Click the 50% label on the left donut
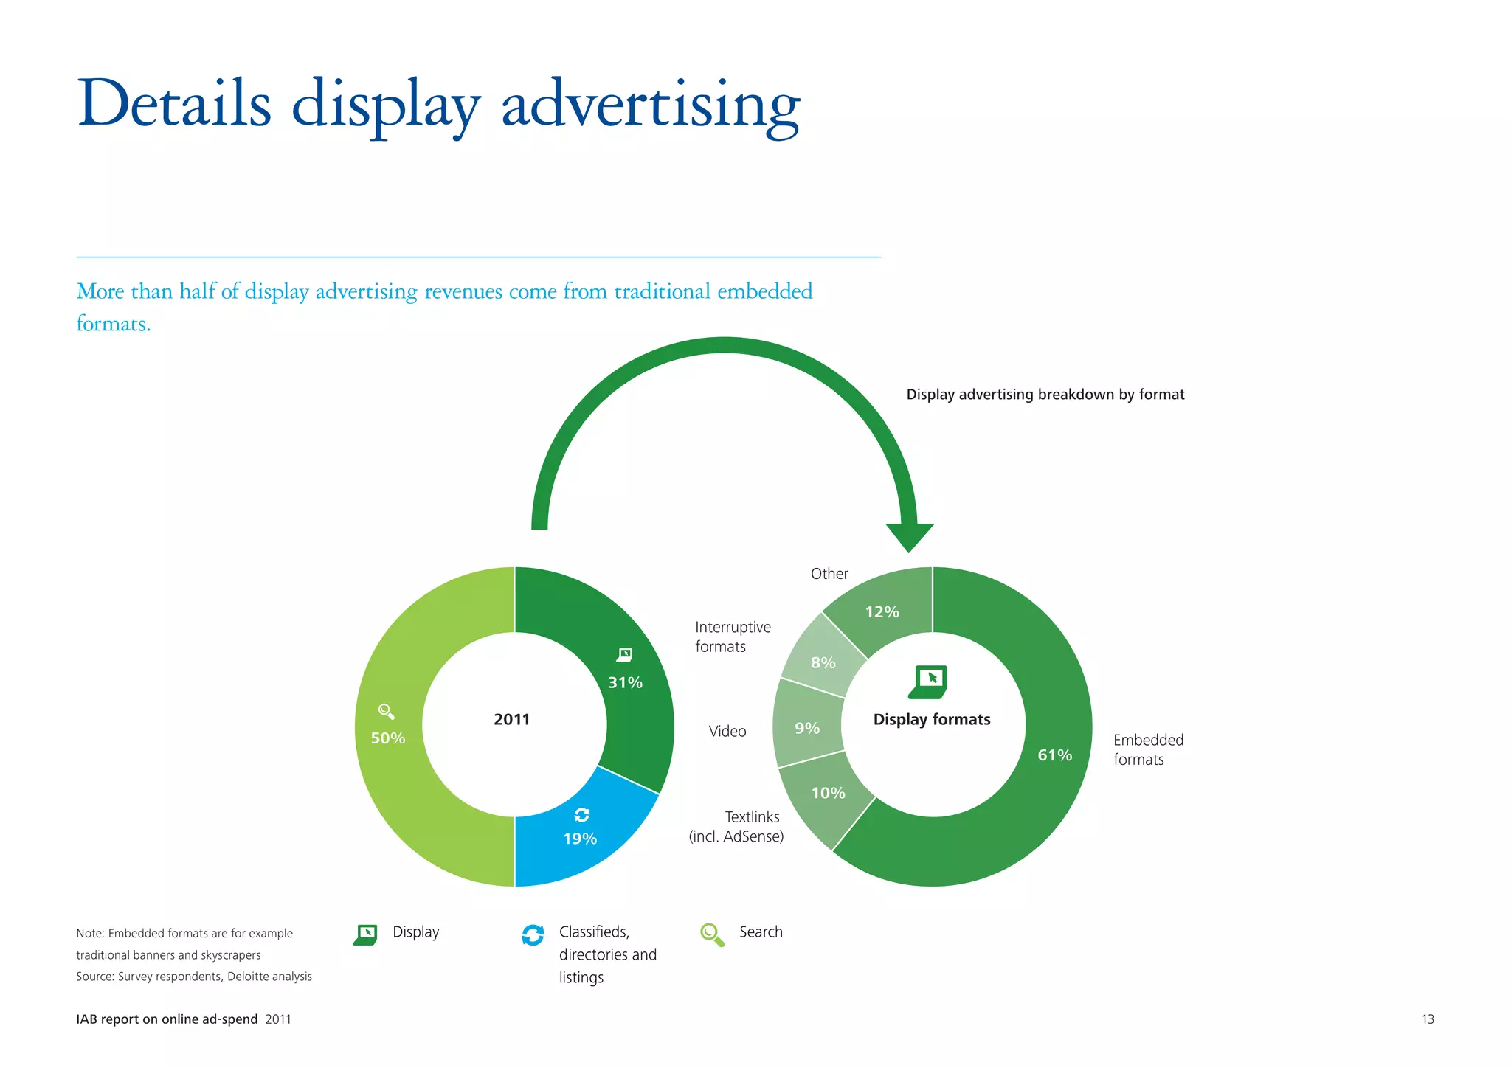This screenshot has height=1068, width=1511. pyautogui.click(x=388, y=738)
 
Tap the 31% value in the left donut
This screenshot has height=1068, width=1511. pyautogui.click(x=625, y=683)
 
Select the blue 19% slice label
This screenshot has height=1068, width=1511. pyautogui.click(x=580, y=839)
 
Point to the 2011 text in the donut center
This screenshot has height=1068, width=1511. pyautogui.click(x=512, y=719)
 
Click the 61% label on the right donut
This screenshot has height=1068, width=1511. pyautogui.click(x=1054, y=755)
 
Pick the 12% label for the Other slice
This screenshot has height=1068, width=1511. pyautogui.click(x=882, y=612)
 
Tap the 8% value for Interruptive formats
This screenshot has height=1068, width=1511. pyautogui.click(x=823, y=663)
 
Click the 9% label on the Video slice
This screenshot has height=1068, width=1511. pyautogui.click(x=807, y=729)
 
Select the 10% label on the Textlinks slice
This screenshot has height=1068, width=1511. pyautogui.click(x=828, y=794)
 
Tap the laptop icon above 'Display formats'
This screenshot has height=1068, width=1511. pyautogui.click(x=928, y=682)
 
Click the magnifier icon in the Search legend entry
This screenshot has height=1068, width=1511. pyautogui.click(x=712, y=934)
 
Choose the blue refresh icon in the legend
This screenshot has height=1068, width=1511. pyautogui.click(x=533, y=934)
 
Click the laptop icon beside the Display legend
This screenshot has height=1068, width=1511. pyautogui.click(x=366, y=934)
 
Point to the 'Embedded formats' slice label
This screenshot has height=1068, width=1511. pyautogui.click(x=1148, y=749)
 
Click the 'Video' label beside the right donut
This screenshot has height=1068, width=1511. pyautogui.click(x=727, y=731)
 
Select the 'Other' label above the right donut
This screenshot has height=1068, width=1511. pyautogui.click(x=829, y=574)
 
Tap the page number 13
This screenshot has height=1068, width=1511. pyautogui.click(x=1428, y=1019)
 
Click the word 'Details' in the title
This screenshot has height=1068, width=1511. pyautogui.click(x=174, y=103)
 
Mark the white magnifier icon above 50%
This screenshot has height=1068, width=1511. pyautogui.click(x=386, y=711)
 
